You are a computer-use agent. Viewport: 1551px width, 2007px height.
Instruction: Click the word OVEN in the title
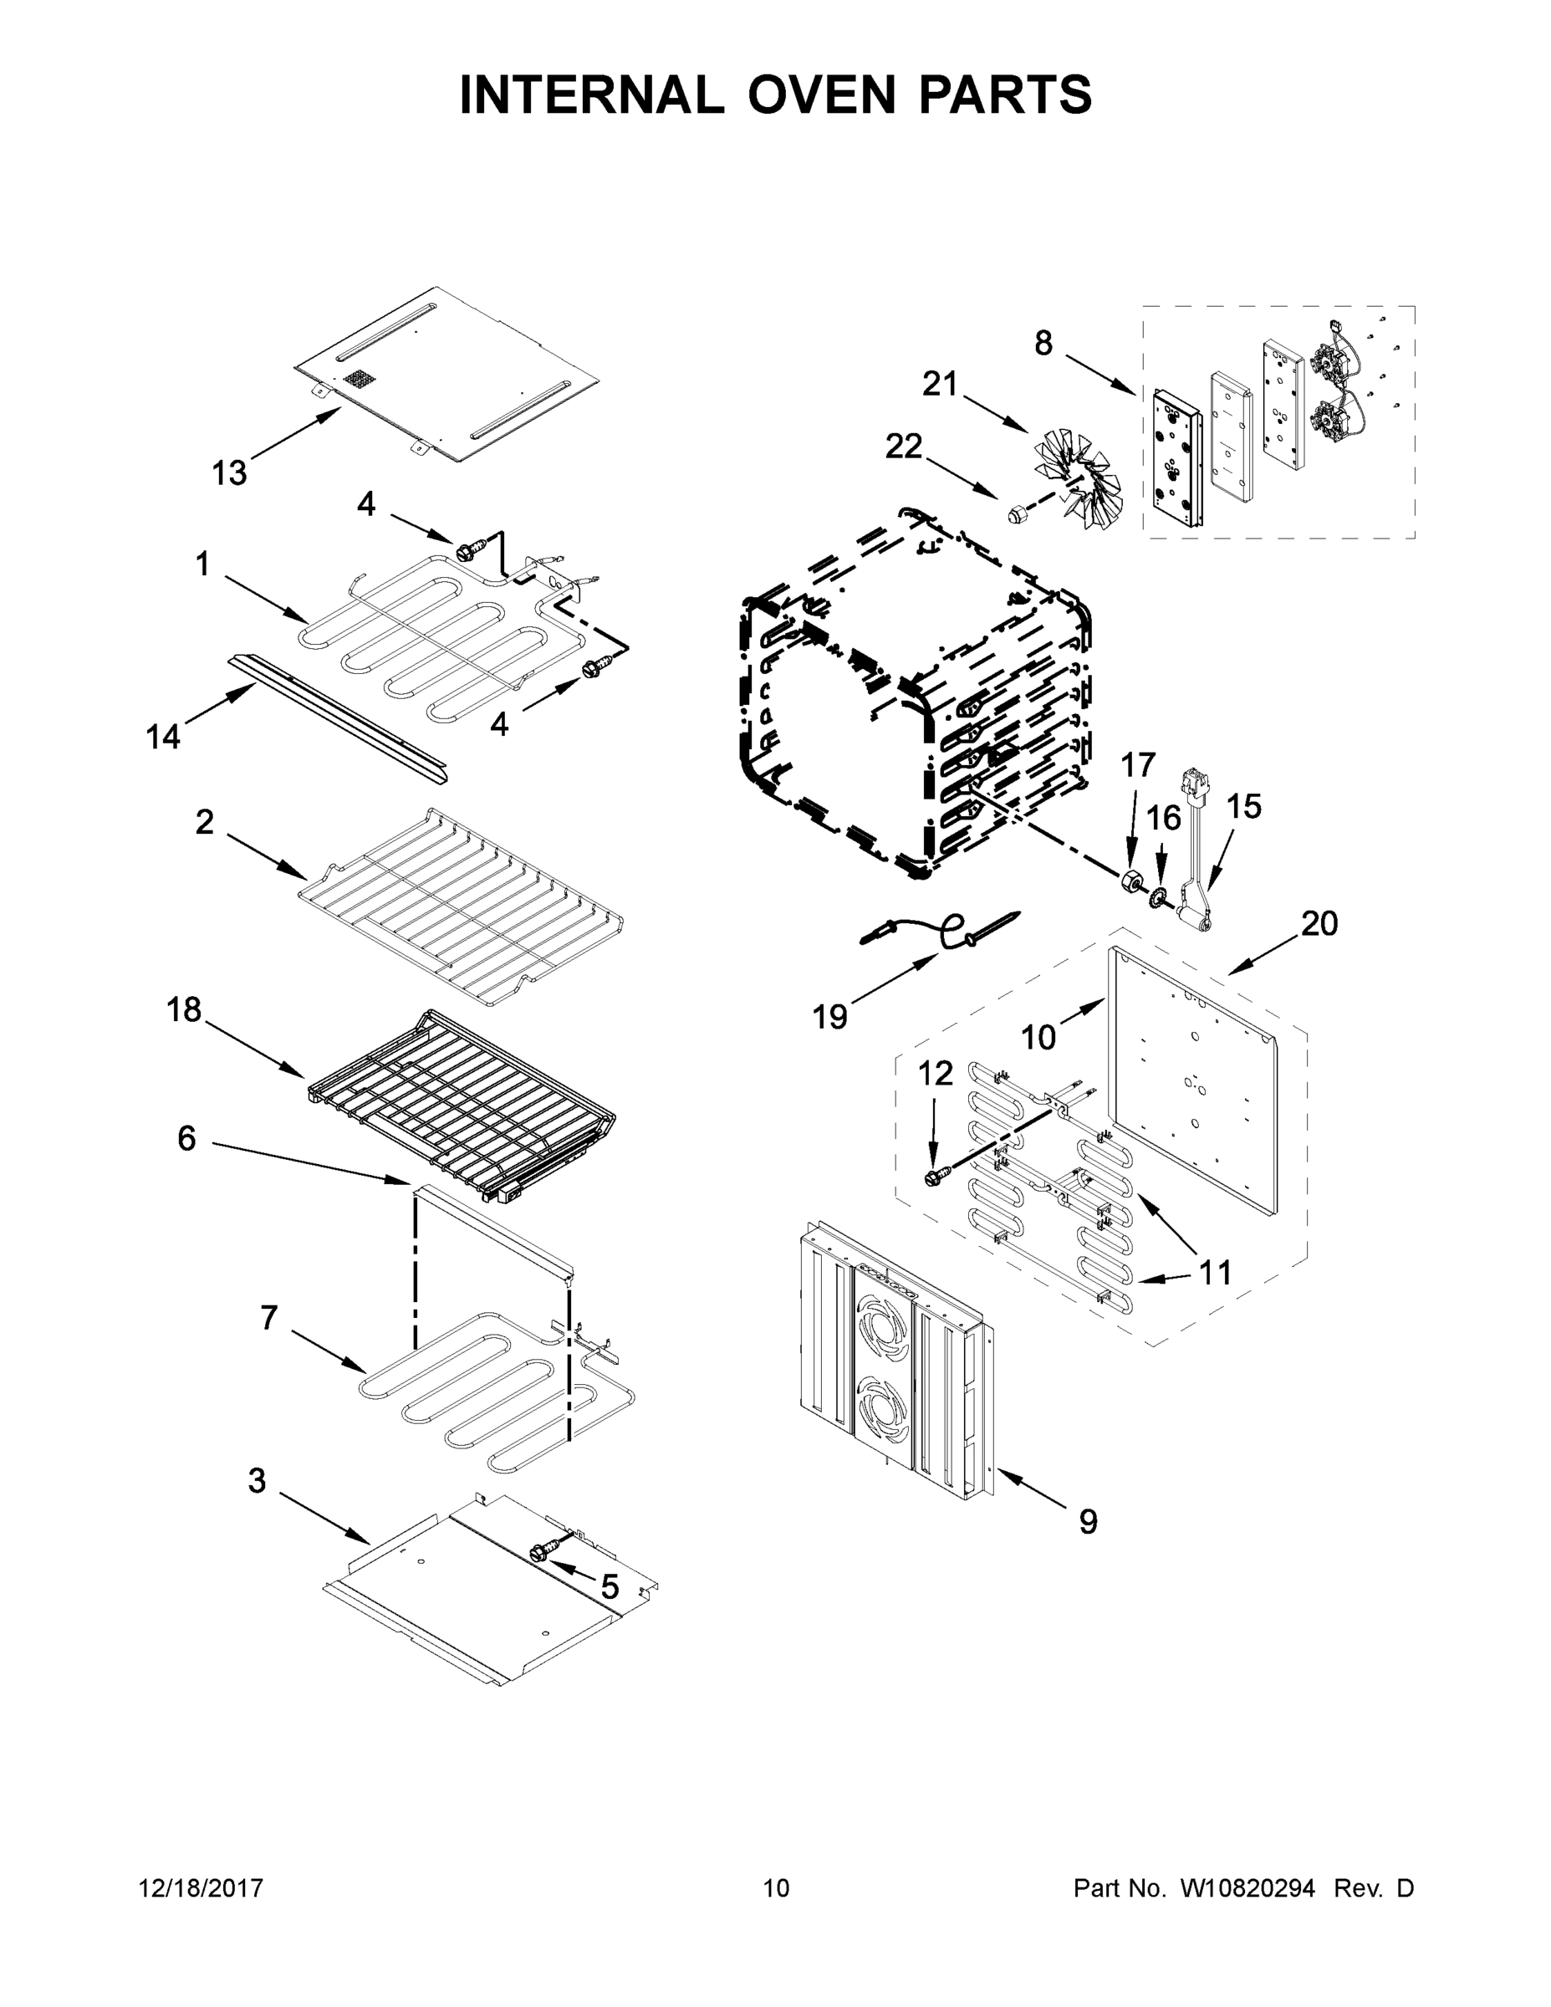click(820, 94)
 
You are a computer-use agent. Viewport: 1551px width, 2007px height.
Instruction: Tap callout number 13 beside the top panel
click(230, 473)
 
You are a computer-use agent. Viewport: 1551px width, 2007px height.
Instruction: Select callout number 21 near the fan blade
click(940, 384)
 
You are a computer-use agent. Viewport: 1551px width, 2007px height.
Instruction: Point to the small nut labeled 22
click(1016, 513)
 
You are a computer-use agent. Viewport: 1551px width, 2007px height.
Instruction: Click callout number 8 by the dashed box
click(1043, 344)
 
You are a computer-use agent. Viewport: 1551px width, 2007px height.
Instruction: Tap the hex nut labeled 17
click(1130, 882)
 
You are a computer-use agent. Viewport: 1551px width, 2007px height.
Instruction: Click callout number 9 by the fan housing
click(1088, 1523)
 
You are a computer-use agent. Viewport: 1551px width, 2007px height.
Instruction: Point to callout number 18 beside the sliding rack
click(184, 1010)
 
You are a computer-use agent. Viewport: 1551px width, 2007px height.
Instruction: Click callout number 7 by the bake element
click(268, 1318)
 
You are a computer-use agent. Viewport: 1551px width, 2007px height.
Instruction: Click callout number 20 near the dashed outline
click(1319, 923)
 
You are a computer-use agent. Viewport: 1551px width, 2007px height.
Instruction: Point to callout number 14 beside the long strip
click(163, 736)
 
